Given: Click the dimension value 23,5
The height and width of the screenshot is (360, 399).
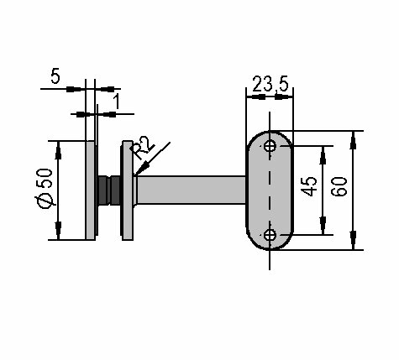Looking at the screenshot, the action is click(x=270, y=84).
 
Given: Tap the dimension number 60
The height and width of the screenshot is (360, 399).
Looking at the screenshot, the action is click(x=339, y=186).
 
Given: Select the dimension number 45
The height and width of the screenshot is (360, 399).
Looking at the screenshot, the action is click(x=309, y=186).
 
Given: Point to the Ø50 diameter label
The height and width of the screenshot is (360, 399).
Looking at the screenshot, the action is click(x=45, y=188).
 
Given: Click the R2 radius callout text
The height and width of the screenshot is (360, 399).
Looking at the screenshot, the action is click(x=143, y=148).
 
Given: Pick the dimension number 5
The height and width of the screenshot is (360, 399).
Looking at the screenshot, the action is click(x=55, y=76).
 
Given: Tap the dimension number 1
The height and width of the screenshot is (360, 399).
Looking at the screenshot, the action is click(x=117, y=102).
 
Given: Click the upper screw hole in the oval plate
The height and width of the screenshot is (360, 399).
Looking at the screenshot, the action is click(x=270, y=146).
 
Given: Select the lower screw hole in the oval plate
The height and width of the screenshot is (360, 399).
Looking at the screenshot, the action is click(x=270, y=235).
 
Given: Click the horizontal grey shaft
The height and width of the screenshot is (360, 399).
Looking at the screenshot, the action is click(x=192, y=190).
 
